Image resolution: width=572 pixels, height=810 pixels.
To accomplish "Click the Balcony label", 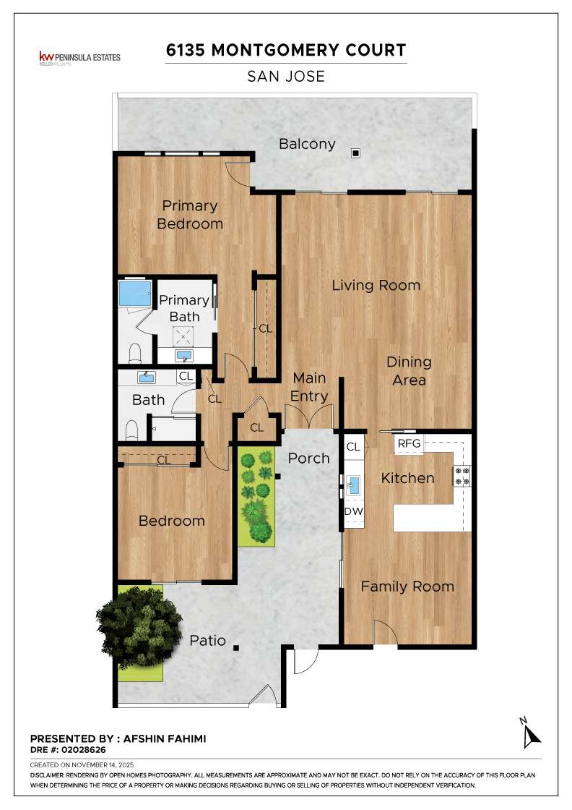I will tap(307, 144).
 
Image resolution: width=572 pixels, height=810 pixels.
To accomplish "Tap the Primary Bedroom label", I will tap(189, 215).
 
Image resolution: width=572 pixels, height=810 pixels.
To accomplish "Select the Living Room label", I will tap(376, 285).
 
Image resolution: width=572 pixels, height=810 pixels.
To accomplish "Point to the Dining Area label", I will tap(409, 371).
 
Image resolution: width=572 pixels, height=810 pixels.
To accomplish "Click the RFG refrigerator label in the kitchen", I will tap(409, 443).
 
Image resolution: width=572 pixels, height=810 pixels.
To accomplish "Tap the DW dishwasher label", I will tap(353, 512).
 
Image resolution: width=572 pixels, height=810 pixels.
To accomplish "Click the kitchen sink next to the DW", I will tap(354, 485).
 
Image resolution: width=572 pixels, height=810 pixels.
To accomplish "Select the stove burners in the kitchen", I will tap(461, 476).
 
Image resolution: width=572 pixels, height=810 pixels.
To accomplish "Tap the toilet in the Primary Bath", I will tap(134, 353).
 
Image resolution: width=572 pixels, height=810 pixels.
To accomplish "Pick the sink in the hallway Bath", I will tap(147, 378).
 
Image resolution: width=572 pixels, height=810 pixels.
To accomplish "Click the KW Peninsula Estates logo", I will tap(79, 57).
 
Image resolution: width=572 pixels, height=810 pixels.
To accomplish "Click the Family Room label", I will tap(407, 587).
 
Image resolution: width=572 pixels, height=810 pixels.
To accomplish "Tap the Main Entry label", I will tap(310, 387).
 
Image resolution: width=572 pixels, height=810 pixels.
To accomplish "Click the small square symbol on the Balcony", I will tap(355, 153).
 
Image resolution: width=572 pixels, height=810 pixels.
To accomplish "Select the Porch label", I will tap(308, 459).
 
